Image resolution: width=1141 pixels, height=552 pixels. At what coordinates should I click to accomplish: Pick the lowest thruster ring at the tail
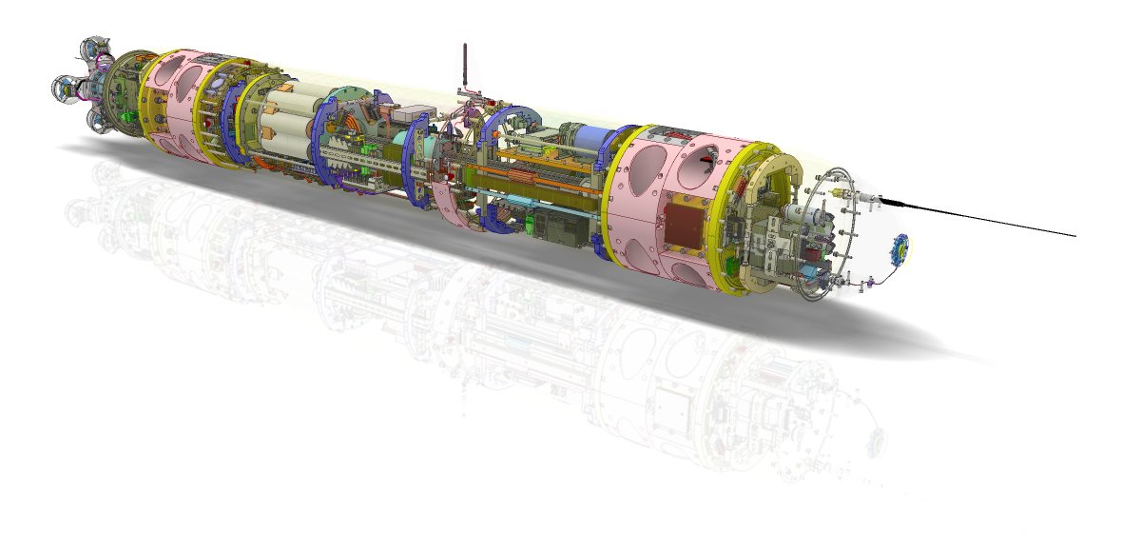(99, 119)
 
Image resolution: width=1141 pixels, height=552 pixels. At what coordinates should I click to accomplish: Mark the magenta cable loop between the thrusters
(87, 94)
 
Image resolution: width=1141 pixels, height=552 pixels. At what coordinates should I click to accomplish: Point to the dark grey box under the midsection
(551, 228)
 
